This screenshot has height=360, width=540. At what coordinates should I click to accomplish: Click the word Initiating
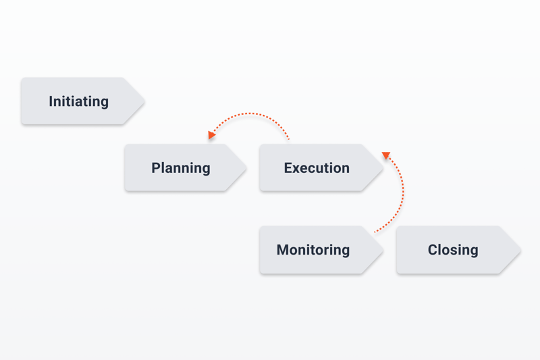tap(78, 101)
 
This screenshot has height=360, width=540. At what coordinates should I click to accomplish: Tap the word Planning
tap(181, 168)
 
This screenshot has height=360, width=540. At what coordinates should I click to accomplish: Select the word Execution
tap(317, 168)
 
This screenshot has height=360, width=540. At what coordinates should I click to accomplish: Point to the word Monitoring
tap(313, 250)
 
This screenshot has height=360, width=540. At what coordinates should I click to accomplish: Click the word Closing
tap(453, 250)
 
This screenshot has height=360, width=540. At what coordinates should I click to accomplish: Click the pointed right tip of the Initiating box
tap(144, 101)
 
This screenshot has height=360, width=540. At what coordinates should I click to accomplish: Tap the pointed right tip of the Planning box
tap(246, 168)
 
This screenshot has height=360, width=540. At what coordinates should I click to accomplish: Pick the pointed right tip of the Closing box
tap(520, 250)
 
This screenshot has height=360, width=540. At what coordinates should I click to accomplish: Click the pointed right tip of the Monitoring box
tap(383, 250)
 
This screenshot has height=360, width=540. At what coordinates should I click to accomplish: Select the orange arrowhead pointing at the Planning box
tap(211, 134)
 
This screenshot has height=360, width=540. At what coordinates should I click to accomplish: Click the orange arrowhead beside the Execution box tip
tap(386, 155)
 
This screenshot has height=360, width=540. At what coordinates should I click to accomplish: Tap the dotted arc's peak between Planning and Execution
tap(250, 113)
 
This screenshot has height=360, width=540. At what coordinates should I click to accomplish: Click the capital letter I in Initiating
tap(51, 101)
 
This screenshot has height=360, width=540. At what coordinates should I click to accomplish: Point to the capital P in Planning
tap(157, 168)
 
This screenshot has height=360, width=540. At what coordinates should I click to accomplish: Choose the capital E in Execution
tap(288, 168)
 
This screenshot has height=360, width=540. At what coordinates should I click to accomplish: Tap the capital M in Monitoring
tap(283, 250)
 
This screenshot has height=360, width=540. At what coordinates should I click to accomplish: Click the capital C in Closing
tap(433, 250)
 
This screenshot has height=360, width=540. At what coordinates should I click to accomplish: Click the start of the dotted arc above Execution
tap(289, 139)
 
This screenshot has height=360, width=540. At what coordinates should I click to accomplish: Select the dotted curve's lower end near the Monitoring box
tap(375, 232)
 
